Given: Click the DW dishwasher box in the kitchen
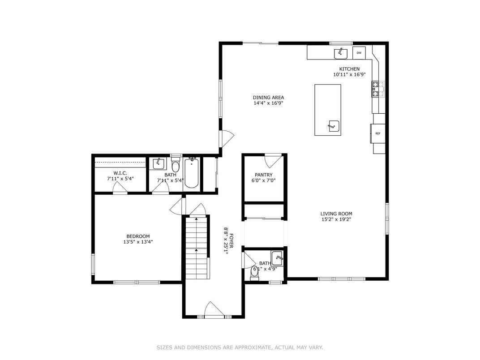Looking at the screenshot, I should (359, 53).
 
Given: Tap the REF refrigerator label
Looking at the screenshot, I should (377, 133).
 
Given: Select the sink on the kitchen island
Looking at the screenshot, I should (333, 126).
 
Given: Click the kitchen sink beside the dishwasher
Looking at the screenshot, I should (341, 53).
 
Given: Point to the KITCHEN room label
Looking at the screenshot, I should (349, 69).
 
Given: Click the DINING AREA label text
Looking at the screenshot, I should (268, 98).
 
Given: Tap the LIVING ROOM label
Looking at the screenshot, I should (336, 214).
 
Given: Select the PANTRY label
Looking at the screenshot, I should (264, 175).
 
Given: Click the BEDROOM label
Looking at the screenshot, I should (138, 236).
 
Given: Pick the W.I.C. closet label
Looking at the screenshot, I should (120, 173).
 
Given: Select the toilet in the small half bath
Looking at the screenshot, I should (254, 273).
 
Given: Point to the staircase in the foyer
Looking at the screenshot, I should (197, 249).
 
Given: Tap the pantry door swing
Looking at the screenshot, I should (273, 160).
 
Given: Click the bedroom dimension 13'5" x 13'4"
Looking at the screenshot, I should (138, 242).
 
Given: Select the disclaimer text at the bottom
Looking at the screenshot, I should (240, 347).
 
